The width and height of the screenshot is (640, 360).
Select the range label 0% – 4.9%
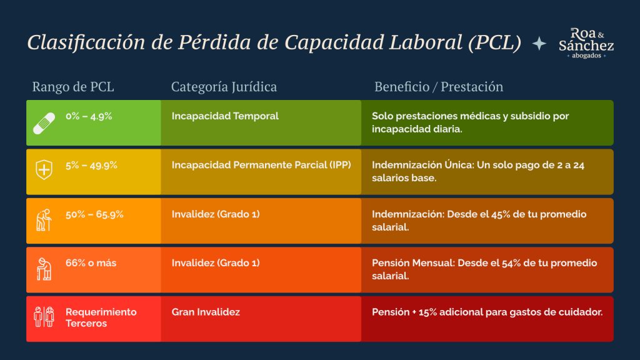tap(89, 116)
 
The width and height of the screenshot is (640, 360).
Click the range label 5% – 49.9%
tap(91, 165)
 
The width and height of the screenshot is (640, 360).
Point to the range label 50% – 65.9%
tap(94, 214)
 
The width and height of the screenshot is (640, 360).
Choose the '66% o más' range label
tap(91, 263)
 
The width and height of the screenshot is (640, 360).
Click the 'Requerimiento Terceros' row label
tap(101, 317)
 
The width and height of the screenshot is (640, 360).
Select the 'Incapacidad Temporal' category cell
tap(225, 116)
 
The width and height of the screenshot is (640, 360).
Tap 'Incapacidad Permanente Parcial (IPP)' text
tap(261, 165)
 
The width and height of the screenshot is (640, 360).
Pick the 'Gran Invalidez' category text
tap(206, 312)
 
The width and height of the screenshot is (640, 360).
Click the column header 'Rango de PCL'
tap(73, 87)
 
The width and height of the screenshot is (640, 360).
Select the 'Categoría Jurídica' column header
tap(224, 87)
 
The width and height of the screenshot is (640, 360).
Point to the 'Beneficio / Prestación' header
tap(439, 87)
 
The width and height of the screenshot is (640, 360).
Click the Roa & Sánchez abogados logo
tap(586, 43)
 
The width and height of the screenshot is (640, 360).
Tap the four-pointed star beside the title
tap(539, 43)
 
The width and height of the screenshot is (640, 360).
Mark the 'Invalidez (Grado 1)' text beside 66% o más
tap(215, 263)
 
